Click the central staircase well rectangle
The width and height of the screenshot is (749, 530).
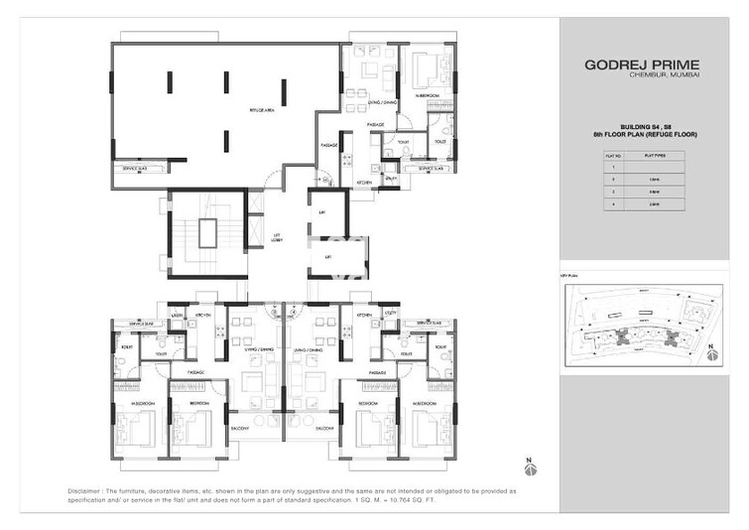[x=205, y=234]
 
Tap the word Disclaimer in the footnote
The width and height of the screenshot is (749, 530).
[x=89, y=491]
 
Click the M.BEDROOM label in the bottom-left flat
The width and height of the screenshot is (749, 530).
[x=142, y=404]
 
